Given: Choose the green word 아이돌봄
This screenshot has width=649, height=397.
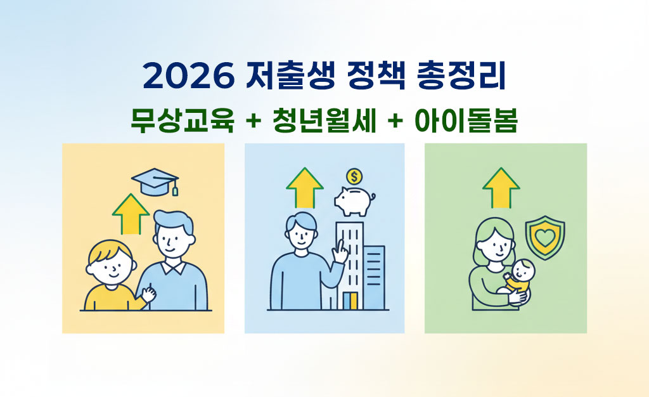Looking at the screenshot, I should [466, 120].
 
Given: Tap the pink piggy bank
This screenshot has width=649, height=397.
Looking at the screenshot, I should [354, 202].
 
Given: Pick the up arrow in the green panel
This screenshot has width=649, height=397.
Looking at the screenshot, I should [501, 187].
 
